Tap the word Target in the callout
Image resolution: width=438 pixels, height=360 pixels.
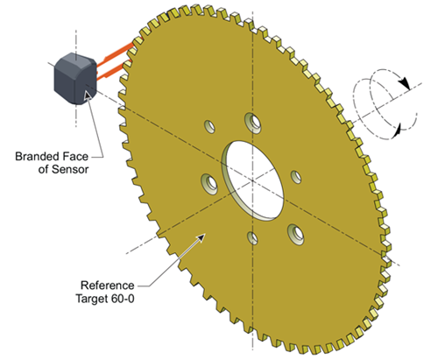[x=95, y=298]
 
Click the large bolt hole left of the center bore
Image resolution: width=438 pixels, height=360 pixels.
[x=208, y=182]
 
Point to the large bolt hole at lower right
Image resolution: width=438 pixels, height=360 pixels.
[x=296, y=232]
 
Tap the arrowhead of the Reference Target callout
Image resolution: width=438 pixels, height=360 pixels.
[x=203, y=234]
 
